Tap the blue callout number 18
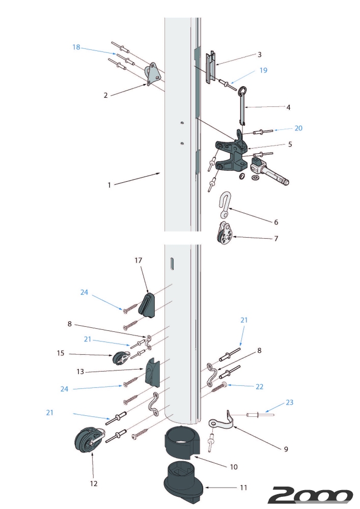tap(76, 47)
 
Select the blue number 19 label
tap(263, 70)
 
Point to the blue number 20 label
tap(298, 128)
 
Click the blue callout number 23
tap(289, 402)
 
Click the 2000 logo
tap(310, 495)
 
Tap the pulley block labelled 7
tap(223, 233)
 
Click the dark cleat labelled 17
tap(148, 303)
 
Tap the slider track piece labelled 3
tap(212, 67)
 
